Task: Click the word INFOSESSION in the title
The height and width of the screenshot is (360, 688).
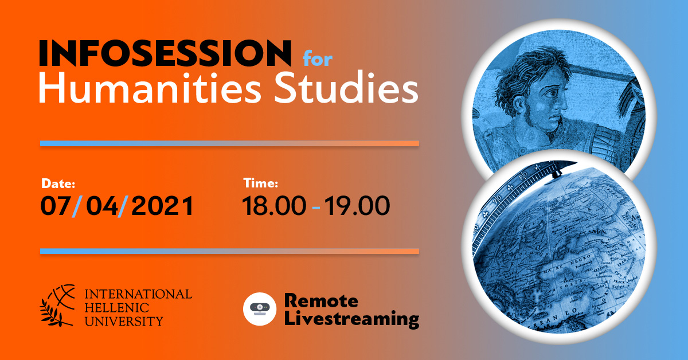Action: (165, 53)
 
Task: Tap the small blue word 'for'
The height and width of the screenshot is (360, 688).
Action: (318, 58)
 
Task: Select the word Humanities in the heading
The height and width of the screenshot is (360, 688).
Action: (150, 88)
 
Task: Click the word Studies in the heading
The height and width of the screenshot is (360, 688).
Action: (346, 88)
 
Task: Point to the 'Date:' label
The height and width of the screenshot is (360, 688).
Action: (58, 183)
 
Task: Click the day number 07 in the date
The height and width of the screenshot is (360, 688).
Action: (55, 206)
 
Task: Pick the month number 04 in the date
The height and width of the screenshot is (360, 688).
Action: (102, 206)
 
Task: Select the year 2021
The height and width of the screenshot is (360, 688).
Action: (163, 206)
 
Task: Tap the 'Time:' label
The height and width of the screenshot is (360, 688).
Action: (261, 183)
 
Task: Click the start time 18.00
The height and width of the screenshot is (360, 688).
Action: (274, 206)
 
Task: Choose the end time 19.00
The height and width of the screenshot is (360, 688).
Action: (357, 206)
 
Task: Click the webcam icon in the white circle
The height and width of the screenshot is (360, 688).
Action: (260, 308)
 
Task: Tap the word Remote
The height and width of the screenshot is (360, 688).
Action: (321, 301)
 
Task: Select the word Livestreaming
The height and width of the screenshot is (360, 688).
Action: (351, 320)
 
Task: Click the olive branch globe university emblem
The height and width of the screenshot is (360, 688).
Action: (57, 306)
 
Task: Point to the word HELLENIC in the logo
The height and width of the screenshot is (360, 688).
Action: (117, 308)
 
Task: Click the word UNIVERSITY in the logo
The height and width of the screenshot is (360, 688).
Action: (124, 321)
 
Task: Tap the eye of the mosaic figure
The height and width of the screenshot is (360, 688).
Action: (554, 93)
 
